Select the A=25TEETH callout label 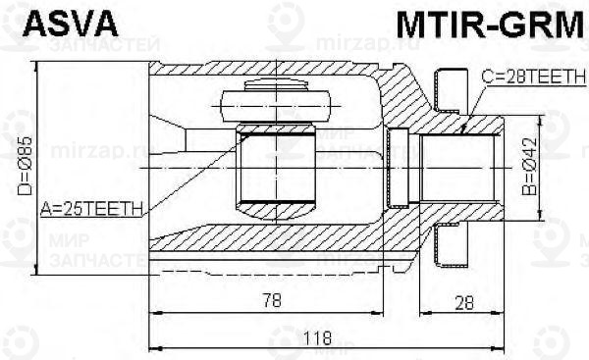pos(92,207)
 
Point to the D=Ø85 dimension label pos(27,166)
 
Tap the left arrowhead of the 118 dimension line pos(153,346)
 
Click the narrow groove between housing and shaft pos(398,167)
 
